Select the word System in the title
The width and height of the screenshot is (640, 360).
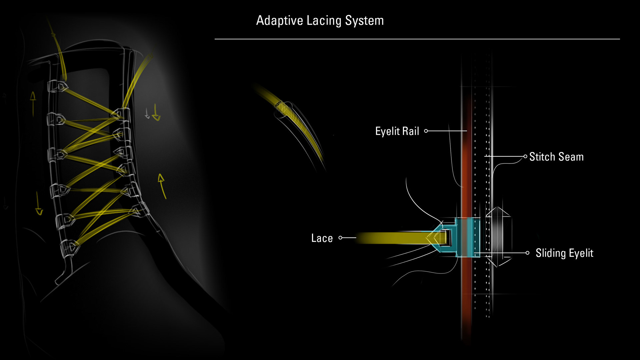(x=364, y=21)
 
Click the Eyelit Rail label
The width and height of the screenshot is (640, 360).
(x=397, y=131)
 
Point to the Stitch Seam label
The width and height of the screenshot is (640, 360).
(x=556, y=157)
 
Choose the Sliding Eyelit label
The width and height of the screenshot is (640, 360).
(x=564, y=253)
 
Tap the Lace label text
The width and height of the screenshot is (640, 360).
(x=322, y=238)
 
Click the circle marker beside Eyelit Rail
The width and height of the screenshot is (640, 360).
(x=426, y=131)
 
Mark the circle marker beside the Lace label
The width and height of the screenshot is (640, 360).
(x=340, y=238)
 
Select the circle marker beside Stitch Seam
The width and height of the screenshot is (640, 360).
(x=525, y=156)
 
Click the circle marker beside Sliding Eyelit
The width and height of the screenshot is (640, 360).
(x=527, y=253)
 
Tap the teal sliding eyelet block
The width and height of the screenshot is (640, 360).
(x=467, y=237)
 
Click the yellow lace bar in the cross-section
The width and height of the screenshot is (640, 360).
(x=393, y=238)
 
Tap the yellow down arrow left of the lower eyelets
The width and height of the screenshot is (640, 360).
(x=39, y=204)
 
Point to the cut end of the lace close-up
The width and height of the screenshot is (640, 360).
(x=279, y=105)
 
